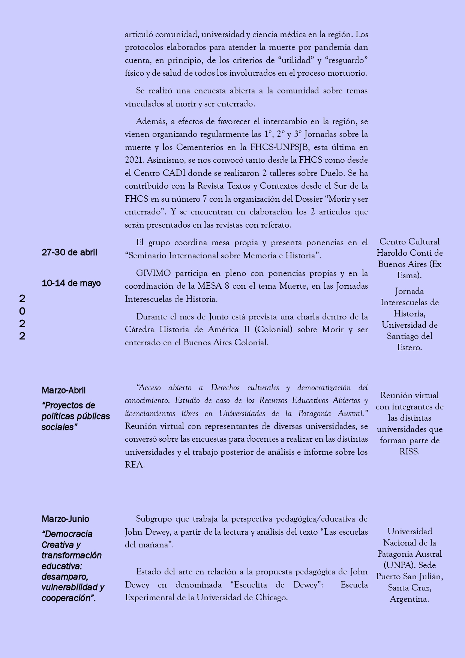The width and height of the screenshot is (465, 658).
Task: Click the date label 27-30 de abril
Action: coord(69,252)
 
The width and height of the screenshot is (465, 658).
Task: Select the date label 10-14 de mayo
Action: coord(71,283)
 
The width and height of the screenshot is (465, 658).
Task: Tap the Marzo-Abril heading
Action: coord(64,390)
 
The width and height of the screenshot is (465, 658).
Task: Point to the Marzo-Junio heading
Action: coord(65,519)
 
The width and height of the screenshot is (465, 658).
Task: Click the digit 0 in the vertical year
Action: coord(22,311)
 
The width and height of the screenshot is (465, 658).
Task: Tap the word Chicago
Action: coord(271,598)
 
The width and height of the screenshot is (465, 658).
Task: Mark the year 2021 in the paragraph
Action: coord(134,160)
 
